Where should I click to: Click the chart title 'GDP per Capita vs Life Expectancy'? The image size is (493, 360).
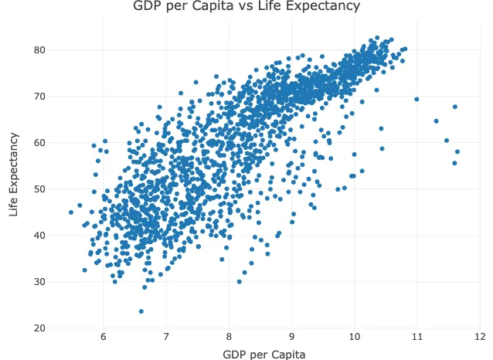tap(246, 8)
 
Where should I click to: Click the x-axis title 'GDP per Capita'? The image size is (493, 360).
tap(263, 355)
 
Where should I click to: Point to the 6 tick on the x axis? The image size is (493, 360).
tap(103, 338)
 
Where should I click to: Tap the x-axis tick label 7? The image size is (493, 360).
tap(166, 338)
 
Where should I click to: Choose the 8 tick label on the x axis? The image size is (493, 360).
tap(229, 338)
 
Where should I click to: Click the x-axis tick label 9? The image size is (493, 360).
tap(291, 338)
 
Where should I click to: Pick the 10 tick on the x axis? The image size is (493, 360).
tap(354, 338)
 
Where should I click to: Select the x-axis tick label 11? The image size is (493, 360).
tap(416, 338)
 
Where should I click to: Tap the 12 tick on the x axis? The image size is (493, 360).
tap(480, 338)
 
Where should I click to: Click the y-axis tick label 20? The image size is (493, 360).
tap(40, 328)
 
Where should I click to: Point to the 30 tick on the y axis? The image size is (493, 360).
tap(40, 282)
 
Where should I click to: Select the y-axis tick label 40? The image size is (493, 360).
tap(40, 236)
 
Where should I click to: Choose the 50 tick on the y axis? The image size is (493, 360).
tap(40, 189)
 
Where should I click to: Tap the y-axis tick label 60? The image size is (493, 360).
tap(40, 143)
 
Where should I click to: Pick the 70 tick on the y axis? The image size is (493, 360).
tap(40, 97)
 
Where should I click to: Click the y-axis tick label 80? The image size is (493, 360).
tap(40, 50)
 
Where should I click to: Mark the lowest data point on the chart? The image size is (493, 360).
tap(141, 311)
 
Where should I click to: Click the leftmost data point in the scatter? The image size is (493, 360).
tap(71, 212)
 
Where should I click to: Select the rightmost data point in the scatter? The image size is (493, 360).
tap(457, 151)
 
